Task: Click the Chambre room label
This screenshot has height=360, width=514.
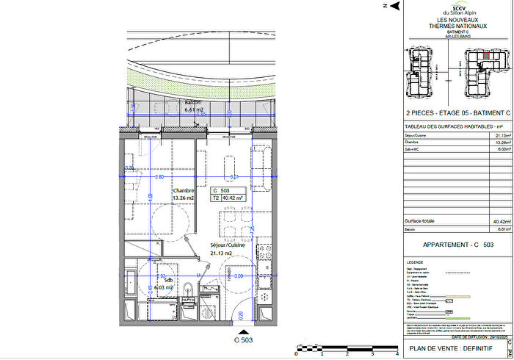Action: click(x=183, y=190)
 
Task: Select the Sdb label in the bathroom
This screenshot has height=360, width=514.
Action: click(x=168, y=280)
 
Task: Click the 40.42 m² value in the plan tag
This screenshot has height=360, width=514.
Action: click(x=233, y=197)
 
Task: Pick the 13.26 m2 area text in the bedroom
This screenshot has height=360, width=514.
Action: click(x=183, y=198)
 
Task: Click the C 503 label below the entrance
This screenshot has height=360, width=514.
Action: click(x=243, y=340)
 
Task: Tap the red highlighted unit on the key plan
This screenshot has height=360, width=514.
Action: click(x=486, y=57)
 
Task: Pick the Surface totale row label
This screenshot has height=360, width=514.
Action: click(x=420, y=220)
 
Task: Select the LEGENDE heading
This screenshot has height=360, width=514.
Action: click(x=416, y=262)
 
